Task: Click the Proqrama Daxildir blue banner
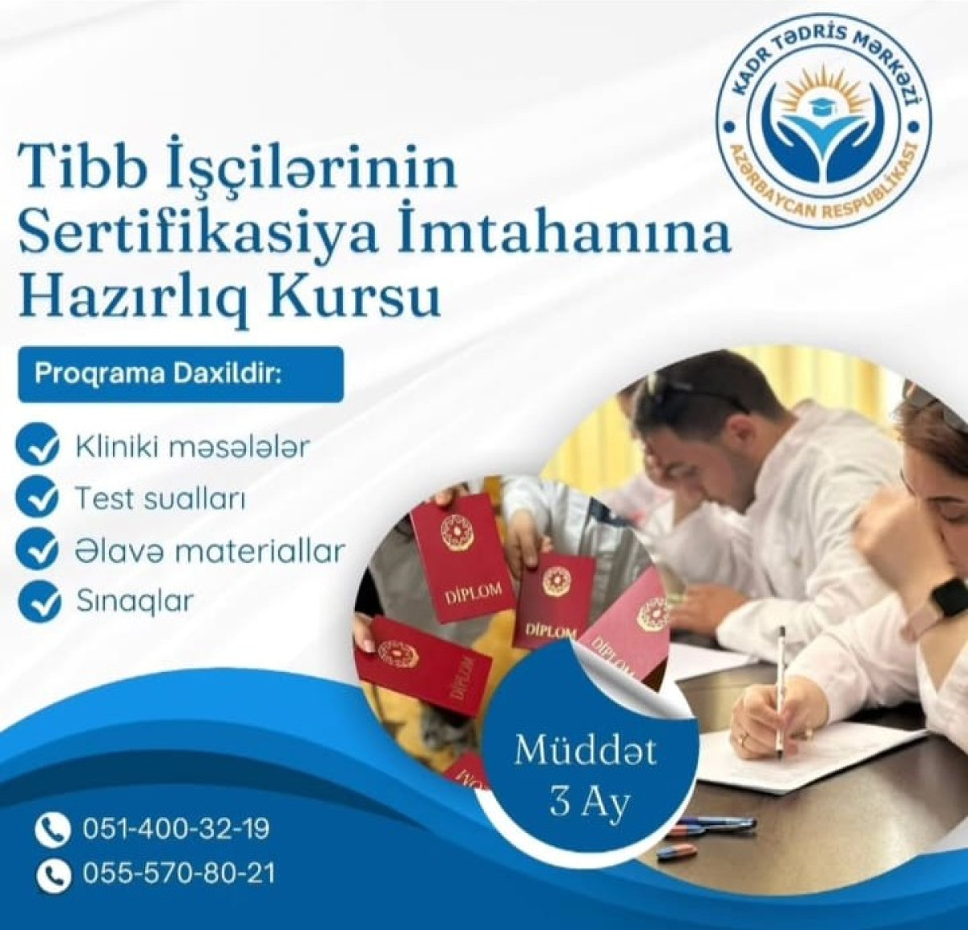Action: [x=181, y=374]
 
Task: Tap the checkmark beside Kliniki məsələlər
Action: [x=39, y=448]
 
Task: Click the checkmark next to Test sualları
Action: [x=39, y=498]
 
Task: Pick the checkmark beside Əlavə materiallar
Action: [x=39, y=550]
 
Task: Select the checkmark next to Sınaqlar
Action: [x=39, y=602]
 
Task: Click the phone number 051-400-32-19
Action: [x=176, y=828]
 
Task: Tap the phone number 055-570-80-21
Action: [x=178, y=872]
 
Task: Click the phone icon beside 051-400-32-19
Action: [x=52, y=829]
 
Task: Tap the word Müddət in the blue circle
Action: [x=586, y=751]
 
